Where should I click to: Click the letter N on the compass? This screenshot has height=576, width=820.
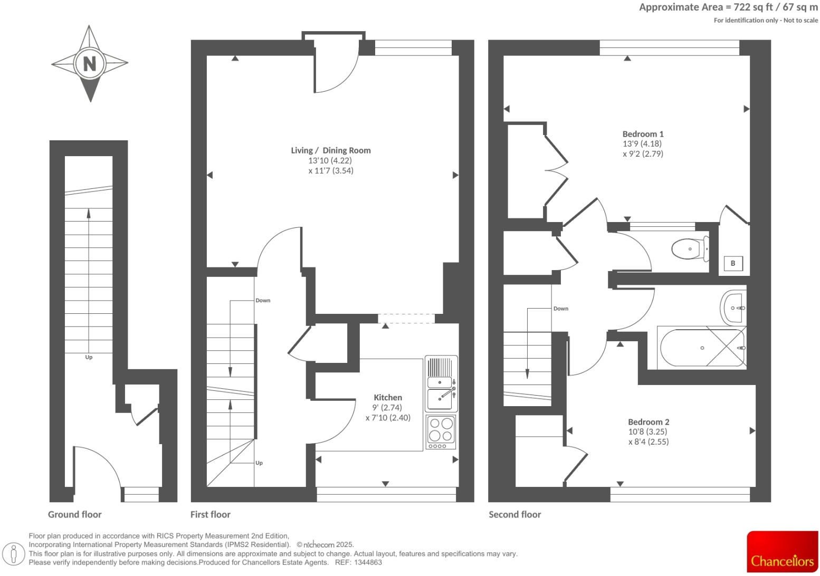coord(90,64)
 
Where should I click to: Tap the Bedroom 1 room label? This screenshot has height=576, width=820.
coord(643,134)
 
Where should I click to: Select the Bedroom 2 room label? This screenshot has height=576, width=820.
coord(648,422)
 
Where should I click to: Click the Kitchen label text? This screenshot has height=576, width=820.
coord(388,398)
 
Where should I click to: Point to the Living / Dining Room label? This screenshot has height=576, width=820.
coord(331,150)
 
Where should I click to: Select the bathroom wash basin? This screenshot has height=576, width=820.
coord(733,308)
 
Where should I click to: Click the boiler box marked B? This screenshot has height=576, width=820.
coord(732,263)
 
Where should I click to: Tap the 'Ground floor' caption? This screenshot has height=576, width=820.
coord(74,514)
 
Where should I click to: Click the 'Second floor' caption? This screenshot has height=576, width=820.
coord(514,514)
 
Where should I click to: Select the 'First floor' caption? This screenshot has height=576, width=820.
coord(210,514)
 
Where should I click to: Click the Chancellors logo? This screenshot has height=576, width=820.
coord(782,552)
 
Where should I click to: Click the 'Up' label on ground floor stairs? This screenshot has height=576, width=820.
coord(89,357)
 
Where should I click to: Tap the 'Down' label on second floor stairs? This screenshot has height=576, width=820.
coord(560,309)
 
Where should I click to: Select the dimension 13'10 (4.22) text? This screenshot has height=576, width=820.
coord(330,160)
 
